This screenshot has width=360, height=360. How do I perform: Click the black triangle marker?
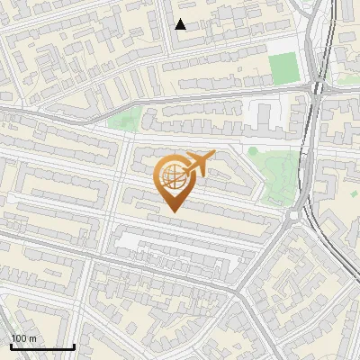(x=181, y=24)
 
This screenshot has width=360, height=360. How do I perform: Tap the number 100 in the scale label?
(x=18, y=338)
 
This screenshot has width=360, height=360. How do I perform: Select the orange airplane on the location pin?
(x=200, y=165)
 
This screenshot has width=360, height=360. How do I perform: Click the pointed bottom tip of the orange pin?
(x=171, y=211)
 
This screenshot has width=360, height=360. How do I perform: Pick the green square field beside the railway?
(x=283, y=67)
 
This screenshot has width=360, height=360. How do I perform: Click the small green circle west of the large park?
(x=253, y=150)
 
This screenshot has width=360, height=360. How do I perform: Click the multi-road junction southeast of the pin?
(x=238, y=290)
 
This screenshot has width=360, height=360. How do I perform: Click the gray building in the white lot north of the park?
(x=264, y=115)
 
